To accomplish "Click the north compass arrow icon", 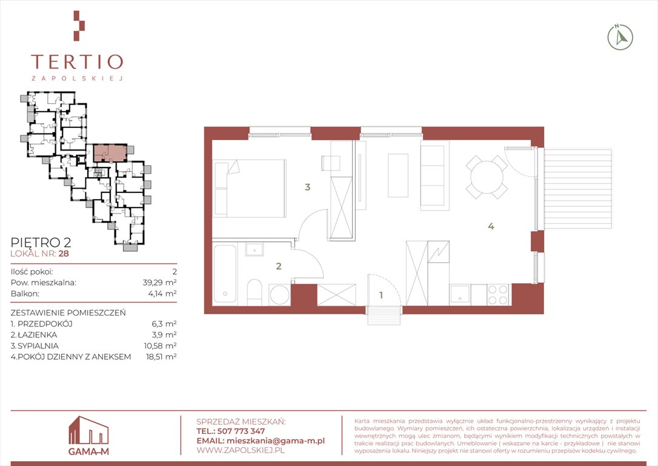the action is (620, 38).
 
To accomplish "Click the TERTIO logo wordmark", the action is (77, 62).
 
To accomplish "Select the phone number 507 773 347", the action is (241, 431).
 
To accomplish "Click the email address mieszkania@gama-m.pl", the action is (275, 441).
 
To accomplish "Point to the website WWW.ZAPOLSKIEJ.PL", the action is (241, 450).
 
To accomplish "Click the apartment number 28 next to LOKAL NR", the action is (64, 254).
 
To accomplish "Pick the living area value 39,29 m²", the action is (159, 282).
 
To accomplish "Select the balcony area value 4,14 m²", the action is (162, 293).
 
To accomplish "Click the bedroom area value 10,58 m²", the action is (160, 345).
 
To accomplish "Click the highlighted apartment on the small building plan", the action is (110, 152).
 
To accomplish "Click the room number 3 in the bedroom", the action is (308, 187).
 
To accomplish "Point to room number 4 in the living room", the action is (491, 226).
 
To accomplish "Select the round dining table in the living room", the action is (487, 177).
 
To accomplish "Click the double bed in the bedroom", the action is (249, 188).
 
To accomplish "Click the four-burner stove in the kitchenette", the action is (497, 294).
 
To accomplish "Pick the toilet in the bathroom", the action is (254, 292).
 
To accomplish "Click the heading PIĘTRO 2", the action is (41, 243).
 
